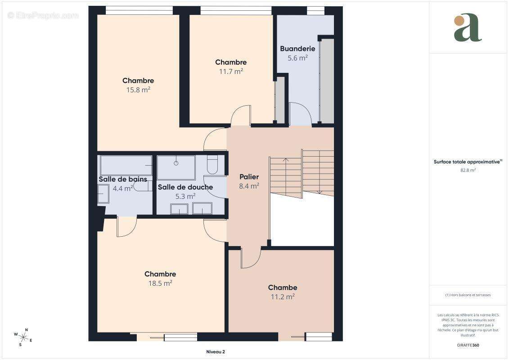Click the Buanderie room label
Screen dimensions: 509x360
[x=297, y=49]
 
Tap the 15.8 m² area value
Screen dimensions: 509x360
[x=138, y=90]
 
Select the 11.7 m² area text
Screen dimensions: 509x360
[x=231, y=71]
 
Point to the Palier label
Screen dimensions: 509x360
[x=249, y=177]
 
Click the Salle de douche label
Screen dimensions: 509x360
[x=185, y=187]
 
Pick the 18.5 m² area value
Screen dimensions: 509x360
[x=160, y=283]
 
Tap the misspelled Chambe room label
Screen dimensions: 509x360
[x=283, y=288]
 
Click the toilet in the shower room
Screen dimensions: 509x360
[x=212, y=164]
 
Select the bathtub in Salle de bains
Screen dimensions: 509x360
[x=126, y=166]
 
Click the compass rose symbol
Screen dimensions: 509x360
[x=23, y=337]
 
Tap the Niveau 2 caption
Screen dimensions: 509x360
[x=216, y=352]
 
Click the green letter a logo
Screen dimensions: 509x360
[x=468, y=27]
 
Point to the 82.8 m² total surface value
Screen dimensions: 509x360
[x=468, y=170]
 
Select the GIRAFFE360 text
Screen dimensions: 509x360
[x=468, y=345]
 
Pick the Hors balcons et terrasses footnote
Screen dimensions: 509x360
[x=468, y=295]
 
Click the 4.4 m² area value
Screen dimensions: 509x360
[x=123, y=188]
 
